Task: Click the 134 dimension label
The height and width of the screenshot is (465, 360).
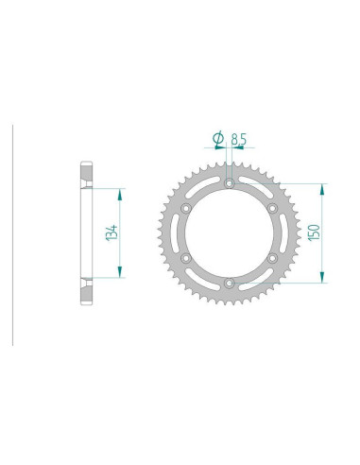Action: pyautogui.click(x=111, y=233)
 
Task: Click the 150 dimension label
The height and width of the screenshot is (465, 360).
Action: pyautogui.click(x=314, y=232)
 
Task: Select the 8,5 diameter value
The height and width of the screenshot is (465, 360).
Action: pyautogui.click(x=239, y=139)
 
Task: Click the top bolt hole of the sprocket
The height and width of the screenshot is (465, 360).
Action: pyautogui.click(x=230, y=183)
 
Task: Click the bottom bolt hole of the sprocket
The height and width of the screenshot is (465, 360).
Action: pyautogui.click(x=230, y=284)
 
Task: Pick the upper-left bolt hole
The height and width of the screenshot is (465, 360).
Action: pyautogui.click(x=186, y=208)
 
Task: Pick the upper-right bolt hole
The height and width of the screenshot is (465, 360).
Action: pyautogui.click(x=272, y=208)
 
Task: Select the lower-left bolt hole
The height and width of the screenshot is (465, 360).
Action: pyautogui.click(x=186, y=258)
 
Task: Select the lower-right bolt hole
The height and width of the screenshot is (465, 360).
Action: pyautogui.click(x=272, y=258)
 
